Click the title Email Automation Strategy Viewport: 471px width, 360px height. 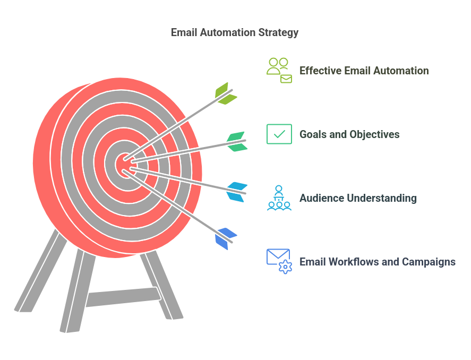point(235,32)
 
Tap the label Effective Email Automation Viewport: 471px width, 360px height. point(364,71)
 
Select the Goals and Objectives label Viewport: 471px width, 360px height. point(349,134)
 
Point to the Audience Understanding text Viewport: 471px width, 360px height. point(358,198)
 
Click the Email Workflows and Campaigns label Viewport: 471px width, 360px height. point(378,262)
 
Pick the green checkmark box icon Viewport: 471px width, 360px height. point(279,134)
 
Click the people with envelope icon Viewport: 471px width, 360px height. point(279,70)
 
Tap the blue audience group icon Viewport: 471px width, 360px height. point(279,198)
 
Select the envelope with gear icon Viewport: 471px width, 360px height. point(279,261)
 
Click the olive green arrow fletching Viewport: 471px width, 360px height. point(226,93)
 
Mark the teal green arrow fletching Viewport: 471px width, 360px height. point(237,141)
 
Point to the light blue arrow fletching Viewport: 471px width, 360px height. point(237,192)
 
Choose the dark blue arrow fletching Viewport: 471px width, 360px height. point(226,239)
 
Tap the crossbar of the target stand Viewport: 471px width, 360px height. point(123,297)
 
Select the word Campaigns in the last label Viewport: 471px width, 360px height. point(429,262)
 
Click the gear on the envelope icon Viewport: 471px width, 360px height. point(285,267)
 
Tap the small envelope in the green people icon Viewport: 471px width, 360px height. point(286,79)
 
